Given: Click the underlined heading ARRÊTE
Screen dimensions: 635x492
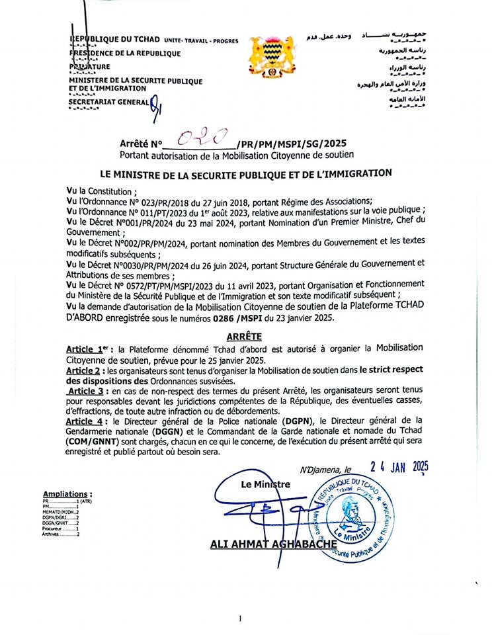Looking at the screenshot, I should pyautogui.click(x=244, y=337).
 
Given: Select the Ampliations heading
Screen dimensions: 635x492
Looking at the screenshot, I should pyautogui.click(x=67, y=493).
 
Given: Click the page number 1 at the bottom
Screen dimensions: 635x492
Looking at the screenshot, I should pyautogui.click(x=239, y=618).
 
